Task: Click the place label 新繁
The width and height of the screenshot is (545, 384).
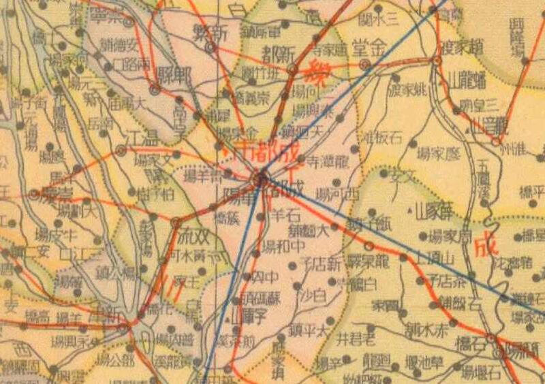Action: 210,33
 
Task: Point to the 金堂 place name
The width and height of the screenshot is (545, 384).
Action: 369,48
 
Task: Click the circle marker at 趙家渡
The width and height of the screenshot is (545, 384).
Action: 437,61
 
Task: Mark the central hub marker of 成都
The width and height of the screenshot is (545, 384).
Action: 260,180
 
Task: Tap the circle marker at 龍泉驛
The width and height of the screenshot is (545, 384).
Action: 369,245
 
